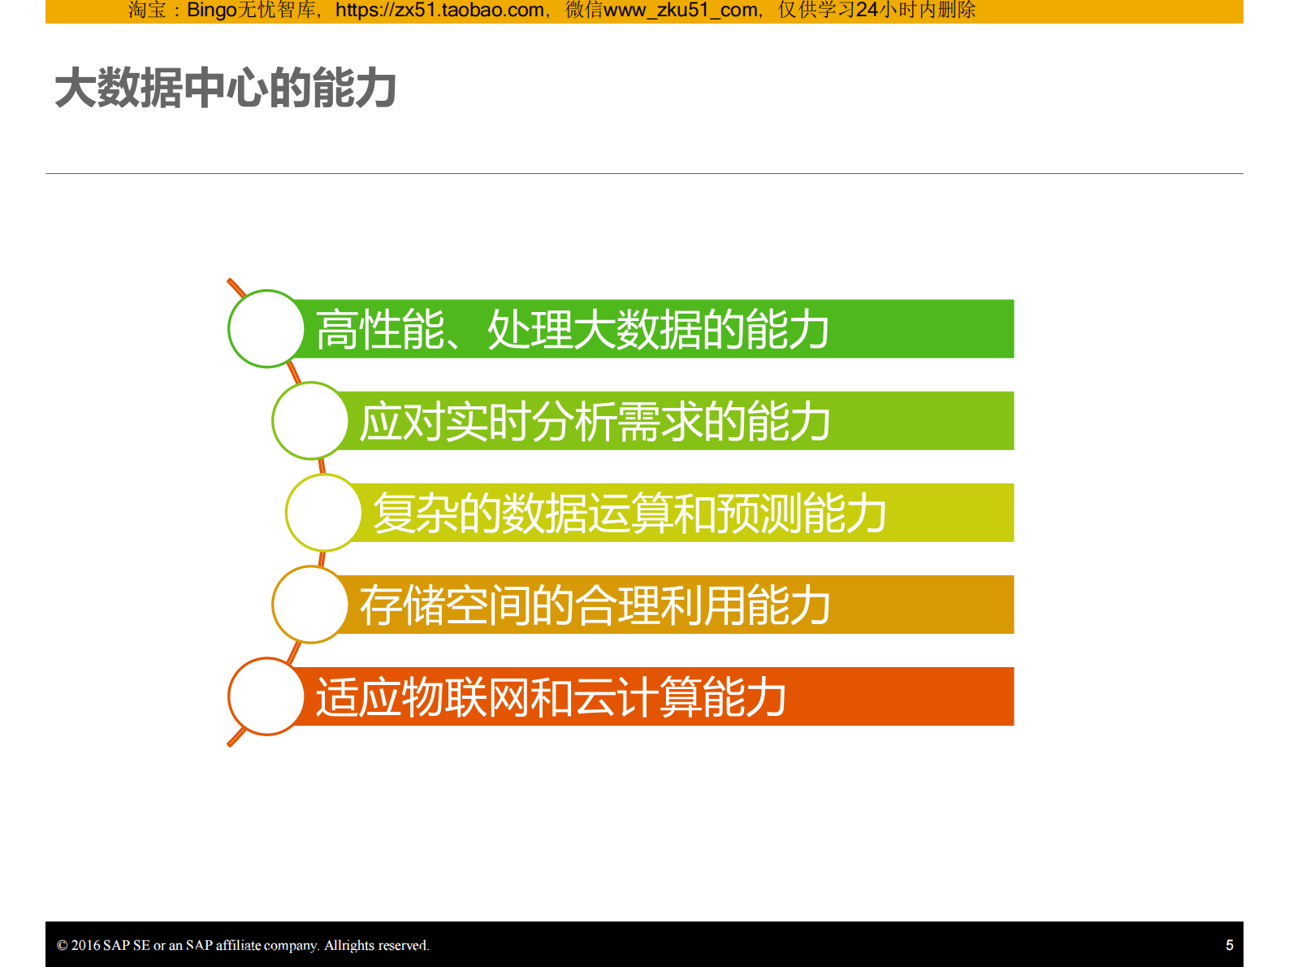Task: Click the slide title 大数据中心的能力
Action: point(225,88)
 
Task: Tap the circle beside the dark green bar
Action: point(266,328)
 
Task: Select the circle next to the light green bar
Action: point(310,420)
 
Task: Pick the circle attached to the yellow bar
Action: point(323,513)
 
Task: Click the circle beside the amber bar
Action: point(310,605)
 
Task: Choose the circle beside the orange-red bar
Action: point(266,696)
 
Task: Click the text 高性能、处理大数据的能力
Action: point(573,329)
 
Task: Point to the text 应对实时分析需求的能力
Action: point(595,421)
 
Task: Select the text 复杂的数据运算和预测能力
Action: point(629,513)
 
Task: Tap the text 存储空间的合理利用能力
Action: point(595,605)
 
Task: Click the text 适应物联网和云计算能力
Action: point(551,697)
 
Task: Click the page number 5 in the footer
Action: point(1229,945)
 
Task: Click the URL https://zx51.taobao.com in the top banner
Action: point(439,11)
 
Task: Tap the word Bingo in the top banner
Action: point(211,11)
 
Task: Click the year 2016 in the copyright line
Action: point(85,945)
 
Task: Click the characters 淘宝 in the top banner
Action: point(147,11)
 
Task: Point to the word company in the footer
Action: point(290,945)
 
